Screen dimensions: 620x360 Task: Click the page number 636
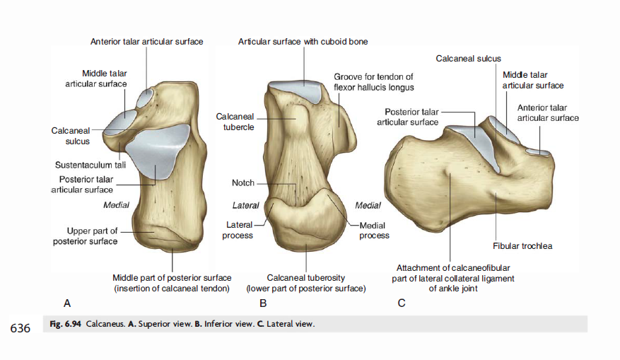point(20,328)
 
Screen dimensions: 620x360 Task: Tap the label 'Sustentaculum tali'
point(90,166)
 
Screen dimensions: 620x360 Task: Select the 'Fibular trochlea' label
point(522,246)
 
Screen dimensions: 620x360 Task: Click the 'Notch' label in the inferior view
point(242,183)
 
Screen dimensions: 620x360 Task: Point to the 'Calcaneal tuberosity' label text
point(305,278)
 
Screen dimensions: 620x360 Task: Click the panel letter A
point(67,303)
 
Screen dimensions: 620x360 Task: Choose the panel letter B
point(263,303)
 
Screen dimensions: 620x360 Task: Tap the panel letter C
point(402,303)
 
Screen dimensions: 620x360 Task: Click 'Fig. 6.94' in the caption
point(66,325)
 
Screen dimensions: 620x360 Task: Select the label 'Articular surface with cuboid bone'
point(303,42)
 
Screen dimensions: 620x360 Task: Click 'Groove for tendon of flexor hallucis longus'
point(373,82)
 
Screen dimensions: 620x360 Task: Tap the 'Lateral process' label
point(238,230)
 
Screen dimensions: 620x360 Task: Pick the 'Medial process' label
point(374,230)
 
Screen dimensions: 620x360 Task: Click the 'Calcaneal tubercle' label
point(235,122)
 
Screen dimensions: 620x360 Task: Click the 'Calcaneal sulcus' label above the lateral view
point(469,58)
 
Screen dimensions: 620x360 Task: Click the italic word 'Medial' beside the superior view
point(117,205)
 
